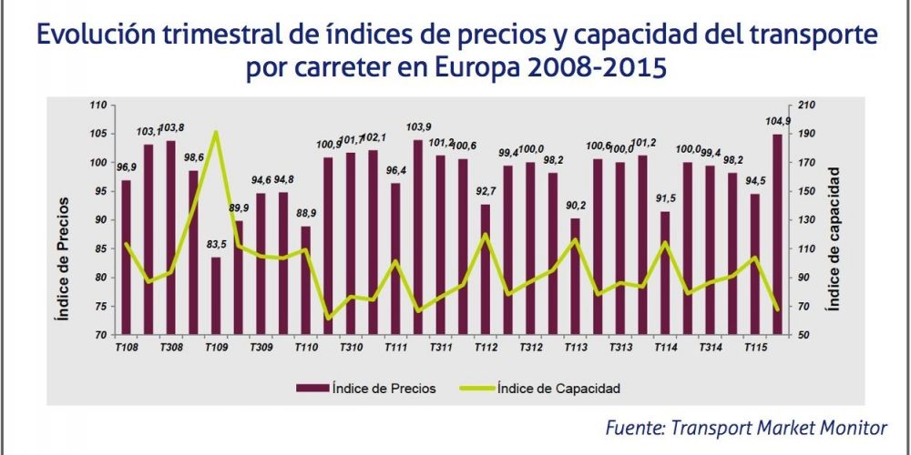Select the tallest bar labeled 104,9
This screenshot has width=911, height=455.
click(777, 235)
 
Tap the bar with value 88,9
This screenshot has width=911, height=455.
click(305, 280)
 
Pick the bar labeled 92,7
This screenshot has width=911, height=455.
click(485, 269)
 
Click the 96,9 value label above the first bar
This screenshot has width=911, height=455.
click(126, 168)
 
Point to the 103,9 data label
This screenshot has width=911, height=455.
click(418, 127)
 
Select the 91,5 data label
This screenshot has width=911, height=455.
click(664, 199)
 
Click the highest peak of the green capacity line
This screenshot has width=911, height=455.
click(216, 133)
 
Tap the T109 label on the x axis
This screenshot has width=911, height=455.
click(216, 348)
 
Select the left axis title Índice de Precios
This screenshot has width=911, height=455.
click(63, 258)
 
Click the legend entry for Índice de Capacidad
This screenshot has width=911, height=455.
click(558, 389)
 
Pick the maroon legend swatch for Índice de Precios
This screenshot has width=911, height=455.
click(312, 389)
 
